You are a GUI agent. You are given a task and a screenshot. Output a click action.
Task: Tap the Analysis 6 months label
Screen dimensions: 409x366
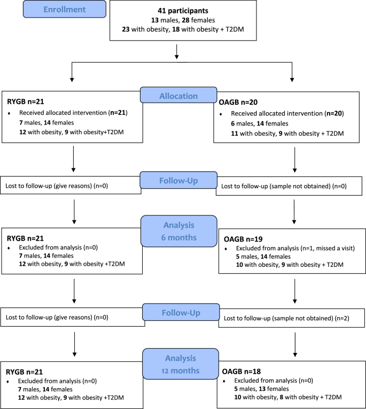(178, 230)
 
